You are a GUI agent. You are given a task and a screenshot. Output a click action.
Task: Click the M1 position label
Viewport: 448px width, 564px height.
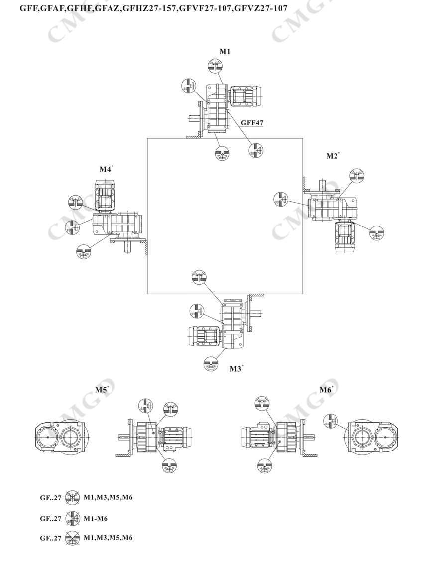pyautogui.click(x=225, y=51)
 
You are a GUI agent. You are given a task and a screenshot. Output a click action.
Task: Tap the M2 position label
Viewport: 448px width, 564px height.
pyautogui.click(x=332, y=156)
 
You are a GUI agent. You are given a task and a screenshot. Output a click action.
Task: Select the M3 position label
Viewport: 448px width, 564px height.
pyautogui.click(x=235, y=369)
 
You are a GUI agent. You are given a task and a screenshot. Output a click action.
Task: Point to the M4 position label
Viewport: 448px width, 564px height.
pyautogui.click(x=105, y=169)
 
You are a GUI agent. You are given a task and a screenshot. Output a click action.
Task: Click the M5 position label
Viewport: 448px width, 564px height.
pyautogui.click(x=101, y=390)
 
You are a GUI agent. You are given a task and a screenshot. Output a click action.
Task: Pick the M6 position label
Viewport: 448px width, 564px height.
pyautogui.click(x=325, y=390)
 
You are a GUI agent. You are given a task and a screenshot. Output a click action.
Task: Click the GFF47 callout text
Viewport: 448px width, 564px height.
pyautogui.click(x=252, y=122)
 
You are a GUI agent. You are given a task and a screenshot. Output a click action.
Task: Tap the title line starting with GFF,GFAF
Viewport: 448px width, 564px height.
pyautogui.click(x=153, y=8)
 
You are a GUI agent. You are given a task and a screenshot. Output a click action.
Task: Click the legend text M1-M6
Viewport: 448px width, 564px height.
pyautogui.click(x=96, y=518)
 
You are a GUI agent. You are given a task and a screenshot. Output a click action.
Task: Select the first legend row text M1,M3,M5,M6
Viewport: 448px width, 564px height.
pyautogui.click(x=108, y=497)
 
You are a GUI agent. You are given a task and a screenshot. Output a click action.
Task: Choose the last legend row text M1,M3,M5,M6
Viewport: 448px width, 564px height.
pyautogui.click(x=108, y=538)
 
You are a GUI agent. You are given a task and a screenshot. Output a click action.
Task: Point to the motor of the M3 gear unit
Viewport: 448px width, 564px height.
pyautogui.click(x=203, y=337)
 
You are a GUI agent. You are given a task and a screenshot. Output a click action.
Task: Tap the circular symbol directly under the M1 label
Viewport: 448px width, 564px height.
pyautogui.click(x=215, y=66)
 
